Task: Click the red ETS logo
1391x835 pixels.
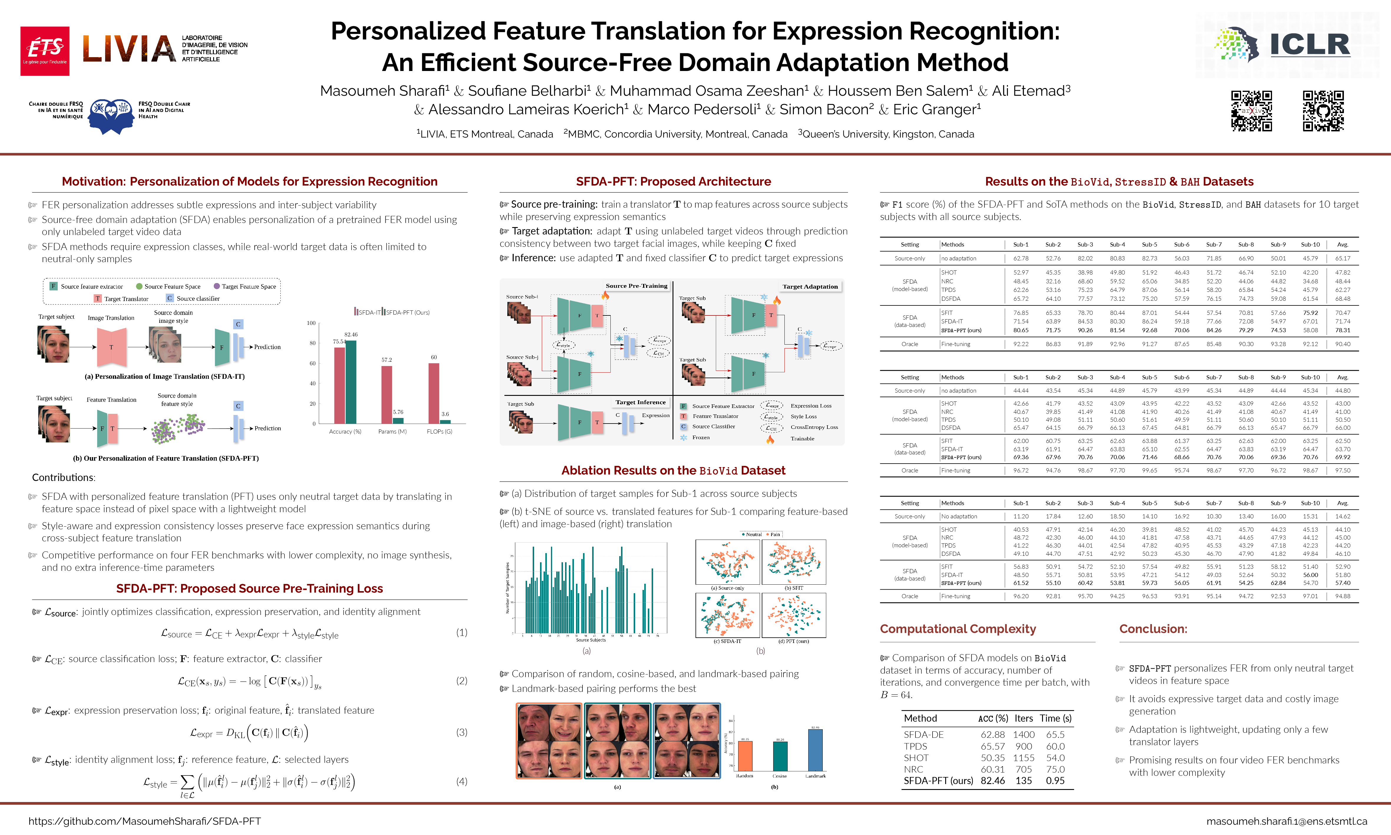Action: (x=45, y=51)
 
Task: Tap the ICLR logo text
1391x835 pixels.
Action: (x=1309, y=45)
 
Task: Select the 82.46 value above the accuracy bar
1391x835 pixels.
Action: (x=351, y=334)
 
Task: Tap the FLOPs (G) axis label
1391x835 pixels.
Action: (x=439, y=431)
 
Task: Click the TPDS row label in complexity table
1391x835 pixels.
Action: (x=915, y=746)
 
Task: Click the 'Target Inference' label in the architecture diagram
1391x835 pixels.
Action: (x=640, y=402)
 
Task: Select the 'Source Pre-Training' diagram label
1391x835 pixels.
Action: (x=636, y=286)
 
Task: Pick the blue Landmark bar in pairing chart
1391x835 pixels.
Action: (x=815, y=750)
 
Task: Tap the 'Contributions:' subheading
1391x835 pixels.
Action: (x=64, y=477)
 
